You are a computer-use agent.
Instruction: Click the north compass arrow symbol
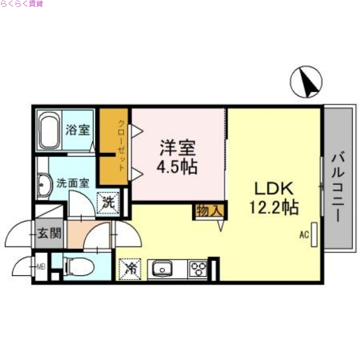[307, 82]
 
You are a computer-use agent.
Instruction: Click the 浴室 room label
[77, 130]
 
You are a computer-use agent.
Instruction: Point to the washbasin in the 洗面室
[44, 184]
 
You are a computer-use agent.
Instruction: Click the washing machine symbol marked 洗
[108, 202]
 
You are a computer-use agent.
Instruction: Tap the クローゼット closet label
[121, 145]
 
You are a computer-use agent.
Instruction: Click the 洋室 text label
[176, 147]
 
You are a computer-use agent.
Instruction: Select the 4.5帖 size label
[176, 167]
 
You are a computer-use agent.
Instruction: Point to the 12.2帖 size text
[274, 207]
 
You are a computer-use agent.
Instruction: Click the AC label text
[304, 234]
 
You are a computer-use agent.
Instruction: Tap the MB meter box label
[41, 267]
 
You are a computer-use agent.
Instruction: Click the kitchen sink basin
[161, 270]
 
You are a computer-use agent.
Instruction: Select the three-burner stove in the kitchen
[198, 269]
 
